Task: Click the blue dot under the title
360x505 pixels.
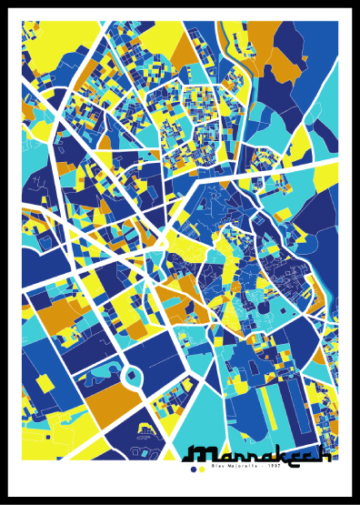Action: (x=193, y=470)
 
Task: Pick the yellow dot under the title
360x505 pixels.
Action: (x=202, y=470)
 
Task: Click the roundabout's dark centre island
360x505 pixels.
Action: (x=131, y=375)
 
